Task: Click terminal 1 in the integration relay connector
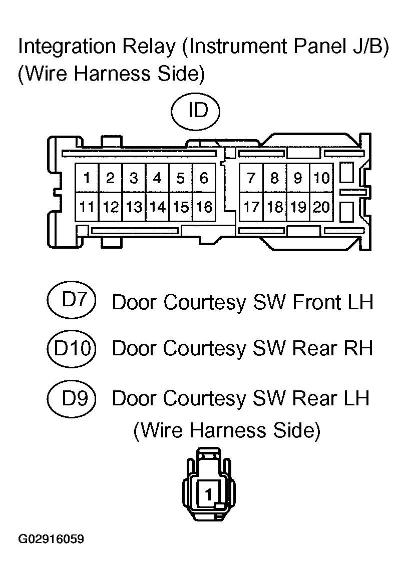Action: [x=87, y=178]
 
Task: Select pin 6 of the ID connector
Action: [x=204, y=178]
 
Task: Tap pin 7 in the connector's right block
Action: [x=251, y=178]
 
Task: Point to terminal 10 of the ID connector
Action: [x=321, y=178]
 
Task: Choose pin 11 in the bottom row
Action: [x=87, y=207]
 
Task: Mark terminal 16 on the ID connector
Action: [x=204, y=207]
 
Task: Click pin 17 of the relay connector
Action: [x=251, y=207]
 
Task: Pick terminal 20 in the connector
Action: [x=321, y=207]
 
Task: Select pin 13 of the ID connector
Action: [x=134, y=207]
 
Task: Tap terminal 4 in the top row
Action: [x=157, y=178]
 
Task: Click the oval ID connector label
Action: [x=196, y=111]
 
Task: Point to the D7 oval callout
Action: [x=72, y=300]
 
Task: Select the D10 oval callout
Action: [x=72, y=349]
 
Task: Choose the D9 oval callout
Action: [x=72, y=399]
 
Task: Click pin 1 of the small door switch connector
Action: [x=208, y=494]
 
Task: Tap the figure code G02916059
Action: [x=51, y=539]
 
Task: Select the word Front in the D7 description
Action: [x=317, y=302]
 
